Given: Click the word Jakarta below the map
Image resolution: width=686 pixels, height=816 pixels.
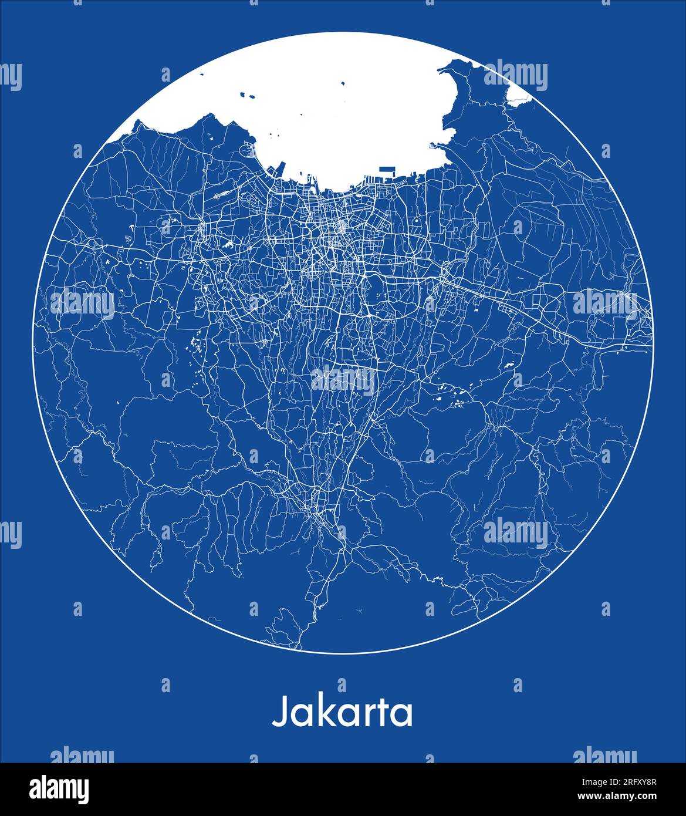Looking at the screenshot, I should coord(342,712).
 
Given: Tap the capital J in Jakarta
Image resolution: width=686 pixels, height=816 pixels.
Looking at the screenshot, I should coord(280,712).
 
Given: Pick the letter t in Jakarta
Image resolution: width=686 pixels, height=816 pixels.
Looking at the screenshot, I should coord(382,712).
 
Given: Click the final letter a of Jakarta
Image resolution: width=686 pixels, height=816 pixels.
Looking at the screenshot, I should coord(402,714).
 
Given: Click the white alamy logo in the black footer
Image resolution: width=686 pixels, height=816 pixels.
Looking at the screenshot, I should coord(59,789).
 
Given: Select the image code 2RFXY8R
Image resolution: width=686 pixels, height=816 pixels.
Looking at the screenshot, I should coord(634,782).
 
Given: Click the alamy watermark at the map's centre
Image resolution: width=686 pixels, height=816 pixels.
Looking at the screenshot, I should coord(343,381).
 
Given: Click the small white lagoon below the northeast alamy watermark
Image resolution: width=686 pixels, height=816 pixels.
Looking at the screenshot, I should coord(516,101).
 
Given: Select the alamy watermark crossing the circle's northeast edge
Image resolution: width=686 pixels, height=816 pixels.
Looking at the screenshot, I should coord(515,76).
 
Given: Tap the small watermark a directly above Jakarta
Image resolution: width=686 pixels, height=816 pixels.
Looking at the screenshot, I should coord(342,685).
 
